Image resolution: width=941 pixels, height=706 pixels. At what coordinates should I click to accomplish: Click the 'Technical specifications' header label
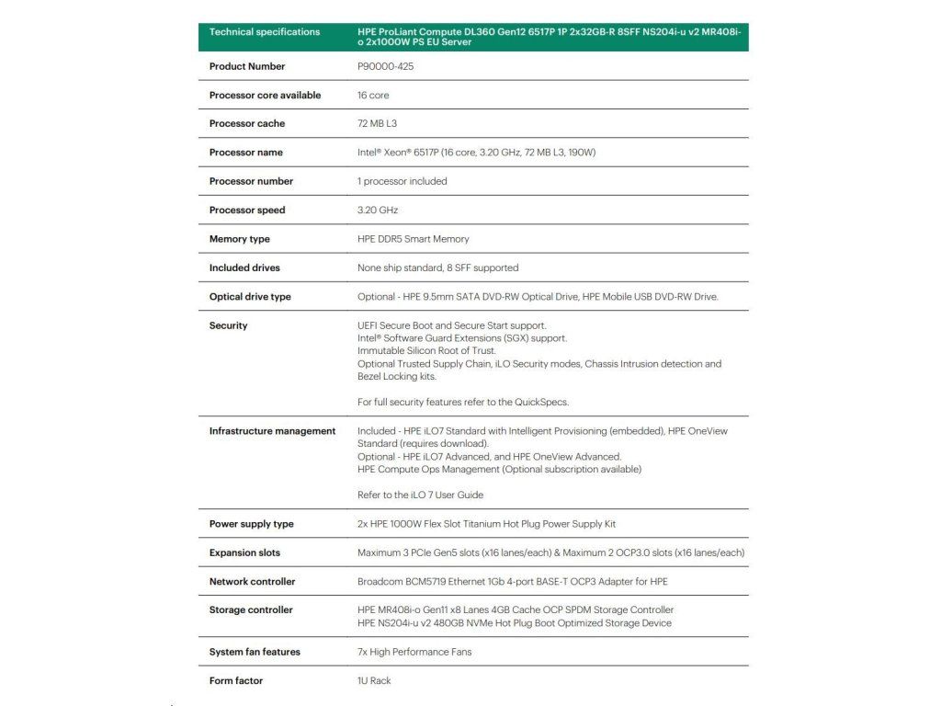(265, 32)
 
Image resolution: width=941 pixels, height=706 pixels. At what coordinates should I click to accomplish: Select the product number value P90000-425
(386, 66)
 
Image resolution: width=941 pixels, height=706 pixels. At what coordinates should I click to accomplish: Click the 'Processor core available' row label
(265, 95)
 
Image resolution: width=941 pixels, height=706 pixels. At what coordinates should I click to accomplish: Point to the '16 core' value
(373, 95)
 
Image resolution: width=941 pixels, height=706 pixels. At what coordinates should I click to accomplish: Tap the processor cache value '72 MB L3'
(377, 123)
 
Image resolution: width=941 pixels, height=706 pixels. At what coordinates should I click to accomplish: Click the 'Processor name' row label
(245, 153)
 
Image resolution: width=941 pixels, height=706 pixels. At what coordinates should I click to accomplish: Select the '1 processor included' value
(402, 181)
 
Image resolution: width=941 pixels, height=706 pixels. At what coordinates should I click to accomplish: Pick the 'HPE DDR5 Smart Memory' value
(413, 239)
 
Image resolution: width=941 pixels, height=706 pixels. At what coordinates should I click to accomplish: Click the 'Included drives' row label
(244, 268)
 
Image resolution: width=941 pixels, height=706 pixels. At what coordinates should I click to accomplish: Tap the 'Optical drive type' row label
(250, 297)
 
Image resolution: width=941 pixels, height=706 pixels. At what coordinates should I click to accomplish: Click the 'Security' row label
(228, 325)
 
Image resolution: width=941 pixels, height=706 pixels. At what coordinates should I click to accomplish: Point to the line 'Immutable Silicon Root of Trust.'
(426, 351)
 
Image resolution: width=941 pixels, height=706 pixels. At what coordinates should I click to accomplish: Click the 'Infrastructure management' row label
(272, 431)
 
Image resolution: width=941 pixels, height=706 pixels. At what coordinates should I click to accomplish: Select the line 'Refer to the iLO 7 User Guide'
(420, 495)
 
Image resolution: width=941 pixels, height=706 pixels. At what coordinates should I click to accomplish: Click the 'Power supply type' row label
(251, 524)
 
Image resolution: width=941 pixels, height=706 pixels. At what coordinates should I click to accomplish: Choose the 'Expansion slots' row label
(244, 552)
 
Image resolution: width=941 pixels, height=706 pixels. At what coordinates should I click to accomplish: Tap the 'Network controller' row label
(252, 582)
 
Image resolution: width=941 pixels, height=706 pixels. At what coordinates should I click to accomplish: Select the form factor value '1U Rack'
(374, 680)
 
